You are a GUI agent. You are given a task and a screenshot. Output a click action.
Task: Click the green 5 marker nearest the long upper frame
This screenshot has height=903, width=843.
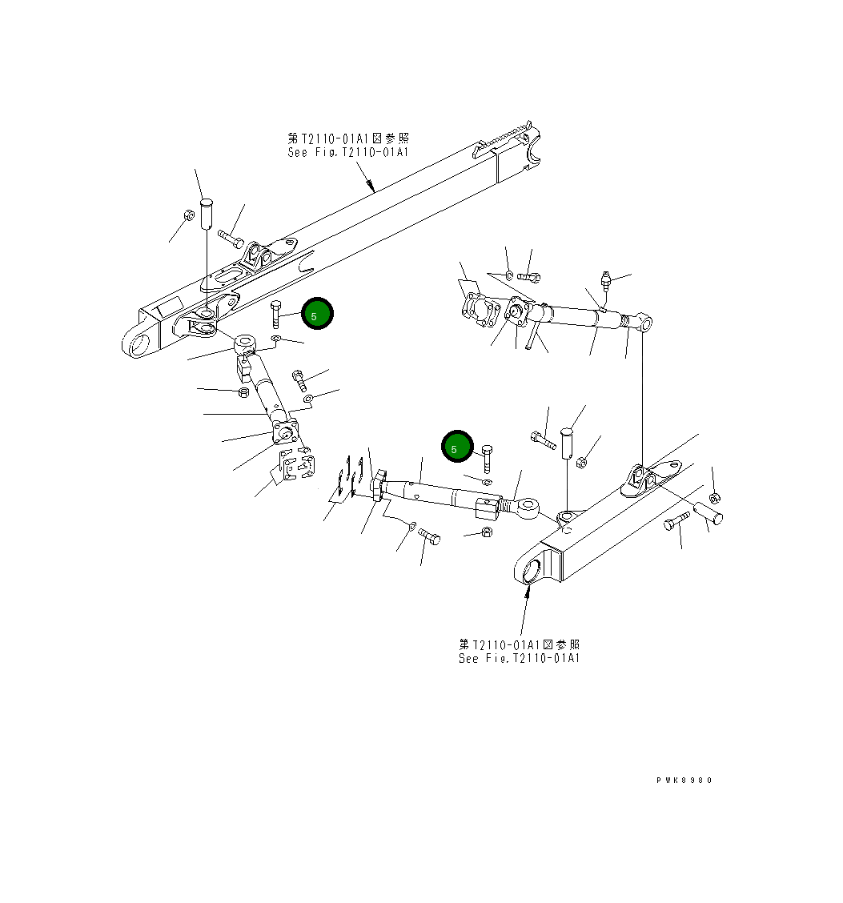[x=317, y=315]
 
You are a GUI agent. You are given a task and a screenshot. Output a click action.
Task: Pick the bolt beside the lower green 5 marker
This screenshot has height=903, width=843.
[x=488, y=458]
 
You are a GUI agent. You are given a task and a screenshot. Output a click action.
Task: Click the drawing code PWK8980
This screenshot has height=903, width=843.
[x=683, y=780]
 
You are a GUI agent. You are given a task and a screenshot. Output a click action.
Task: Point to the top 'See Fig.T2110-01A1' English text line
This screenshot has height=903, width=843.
[x=348, y=152]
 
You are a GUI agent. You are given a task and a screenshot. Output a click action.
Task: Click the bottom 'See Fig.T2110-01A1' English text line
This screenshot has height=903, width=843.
[x=519, y=658]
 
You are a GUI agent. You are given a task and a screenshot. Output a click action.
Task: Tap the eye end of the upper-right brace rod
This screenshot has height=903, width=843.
[x=645, y=322]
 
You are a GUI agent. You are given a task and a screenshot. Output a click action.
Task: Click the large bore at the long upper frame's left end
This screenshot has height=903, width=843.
[x=139, y=347]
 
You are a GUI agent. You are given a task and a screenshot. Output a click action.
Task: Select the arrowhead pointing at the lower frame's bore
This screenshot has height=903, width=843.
[x=528, y=591]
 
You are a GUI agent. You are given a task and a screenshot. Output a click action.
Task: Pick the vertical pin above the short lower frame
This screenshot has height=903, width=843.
[x=570, y=440]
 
